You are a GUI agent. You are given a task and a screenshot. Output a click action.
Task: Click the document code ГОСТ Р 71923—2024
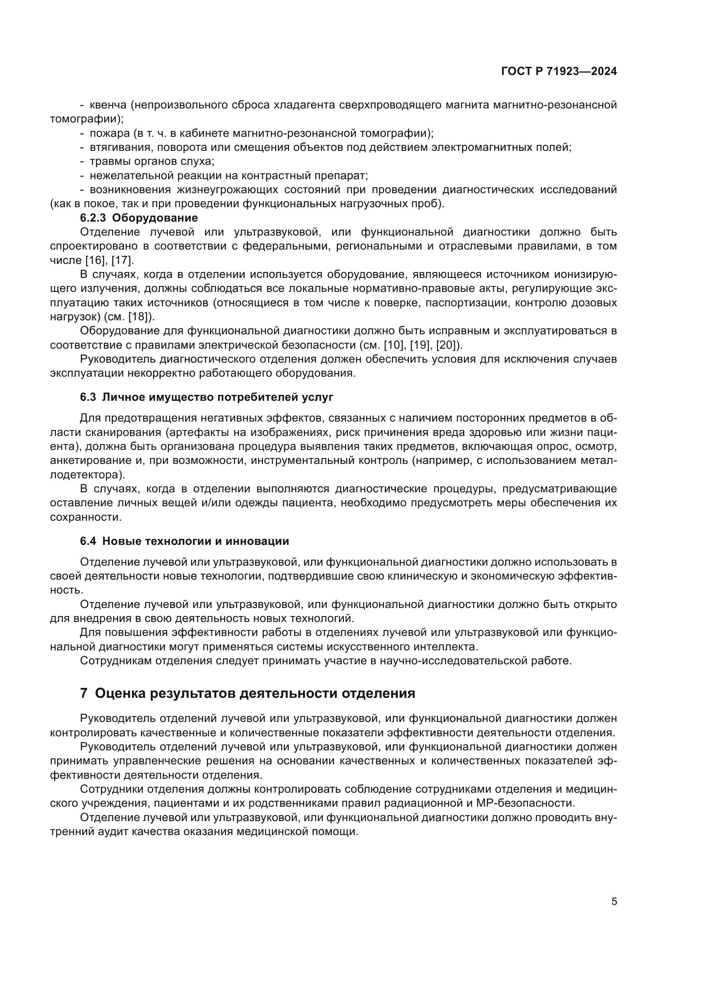(x=559, y=72)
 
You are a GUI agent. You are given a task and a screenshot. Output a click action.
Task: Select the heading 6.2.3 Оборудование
(x=139, y=217)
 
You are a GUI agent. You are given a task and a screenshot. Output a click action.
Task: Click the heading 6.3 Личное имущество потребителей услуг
(x=206, y=397)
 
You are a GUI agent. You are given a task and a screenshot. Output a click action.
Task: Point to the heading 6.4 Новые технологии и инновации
(x=184, y=541)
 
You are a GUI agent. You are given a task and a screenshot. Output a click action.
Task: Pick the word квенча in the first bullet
(x=108, y=105)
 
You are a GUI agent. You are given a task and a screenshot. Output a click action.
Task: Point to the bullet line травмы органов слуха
(x=151, y=161)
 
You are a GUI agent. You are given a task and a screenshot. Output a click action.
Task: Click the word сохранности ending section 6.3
(x=86, y=517)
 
